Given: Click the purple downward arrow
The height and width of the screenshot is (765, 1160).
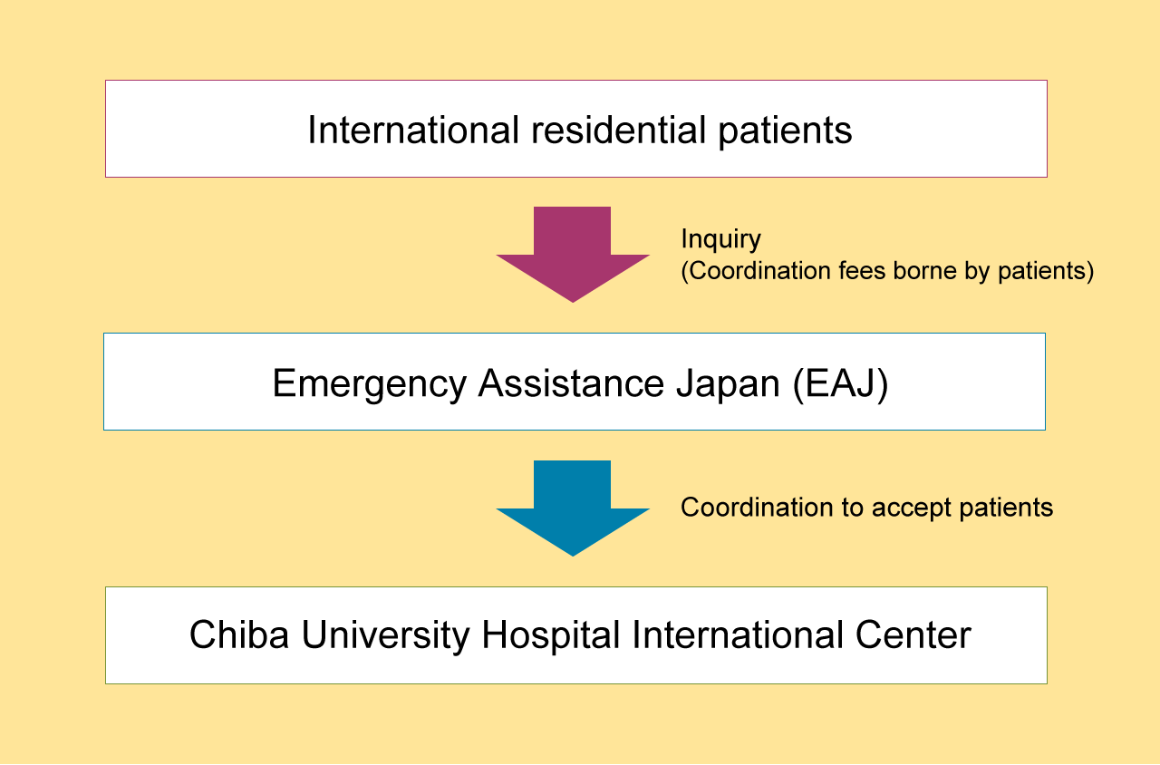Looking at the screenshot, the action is (x=572, y=254).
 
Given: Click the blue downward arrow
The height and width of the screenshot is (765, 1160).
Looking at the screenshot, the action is (x=572, y=508).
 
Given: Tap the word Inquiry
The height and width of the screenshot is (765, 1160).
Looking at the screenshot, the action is (x=720, y=240).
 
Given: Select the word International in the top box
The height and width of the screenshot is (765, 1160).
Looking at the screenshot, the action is (x=413, y=130).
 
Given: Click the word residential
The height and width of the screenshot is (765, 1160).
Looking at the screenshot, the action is (x=619, y=130).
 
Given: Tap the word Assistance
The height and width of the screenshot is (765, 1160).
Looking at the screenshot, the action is (x=571, y=383).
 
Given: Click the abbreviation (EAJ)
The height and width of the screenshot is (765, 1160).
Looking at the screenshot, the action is (x=840, y=384).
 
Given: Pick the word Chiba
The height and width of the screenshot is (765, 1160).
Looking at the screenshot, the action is (x=238, y=635).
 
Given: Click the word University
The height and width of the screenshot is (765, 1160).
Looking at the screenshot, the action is (x=385, y=636).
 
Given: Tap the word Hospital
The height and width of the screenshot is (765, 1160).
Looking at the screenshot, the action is (x=550, y=636).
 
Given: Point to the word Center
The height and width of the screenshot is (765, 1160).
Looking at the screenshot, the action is (x=913, y=635).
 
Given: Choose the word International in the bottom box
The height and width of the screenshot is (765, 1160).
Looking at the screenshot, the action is (x=738, y=635).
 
